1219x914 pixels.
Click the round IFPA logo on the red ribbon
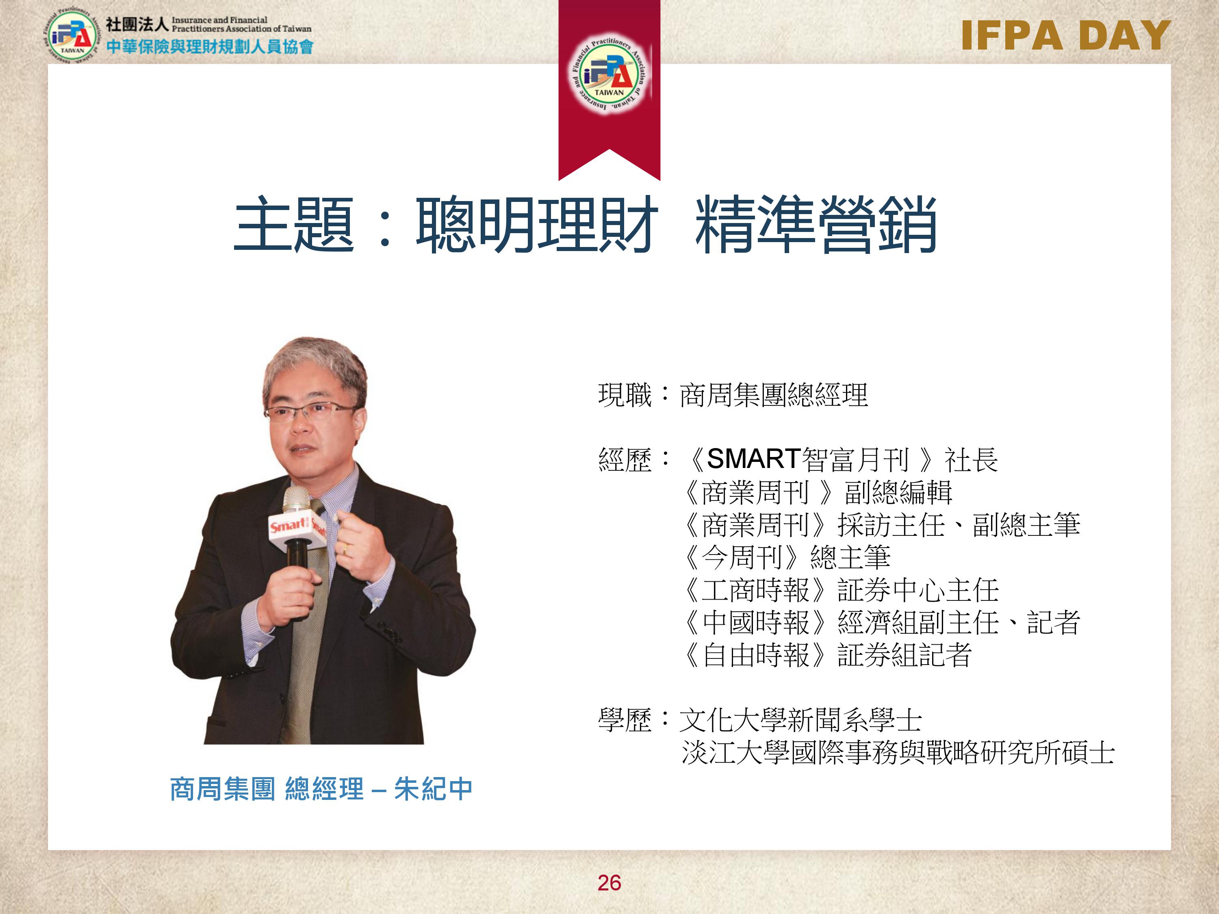coord(609,73)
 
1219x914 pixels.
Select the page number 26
coord(609,883)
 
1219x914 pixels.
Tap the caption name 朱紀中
coord(433,789)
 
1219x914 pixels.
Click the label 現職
coord(625,395)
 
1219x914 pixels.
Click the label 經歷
coord(625,460)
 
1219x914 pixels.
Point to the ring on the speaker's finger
coord(345,548)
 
